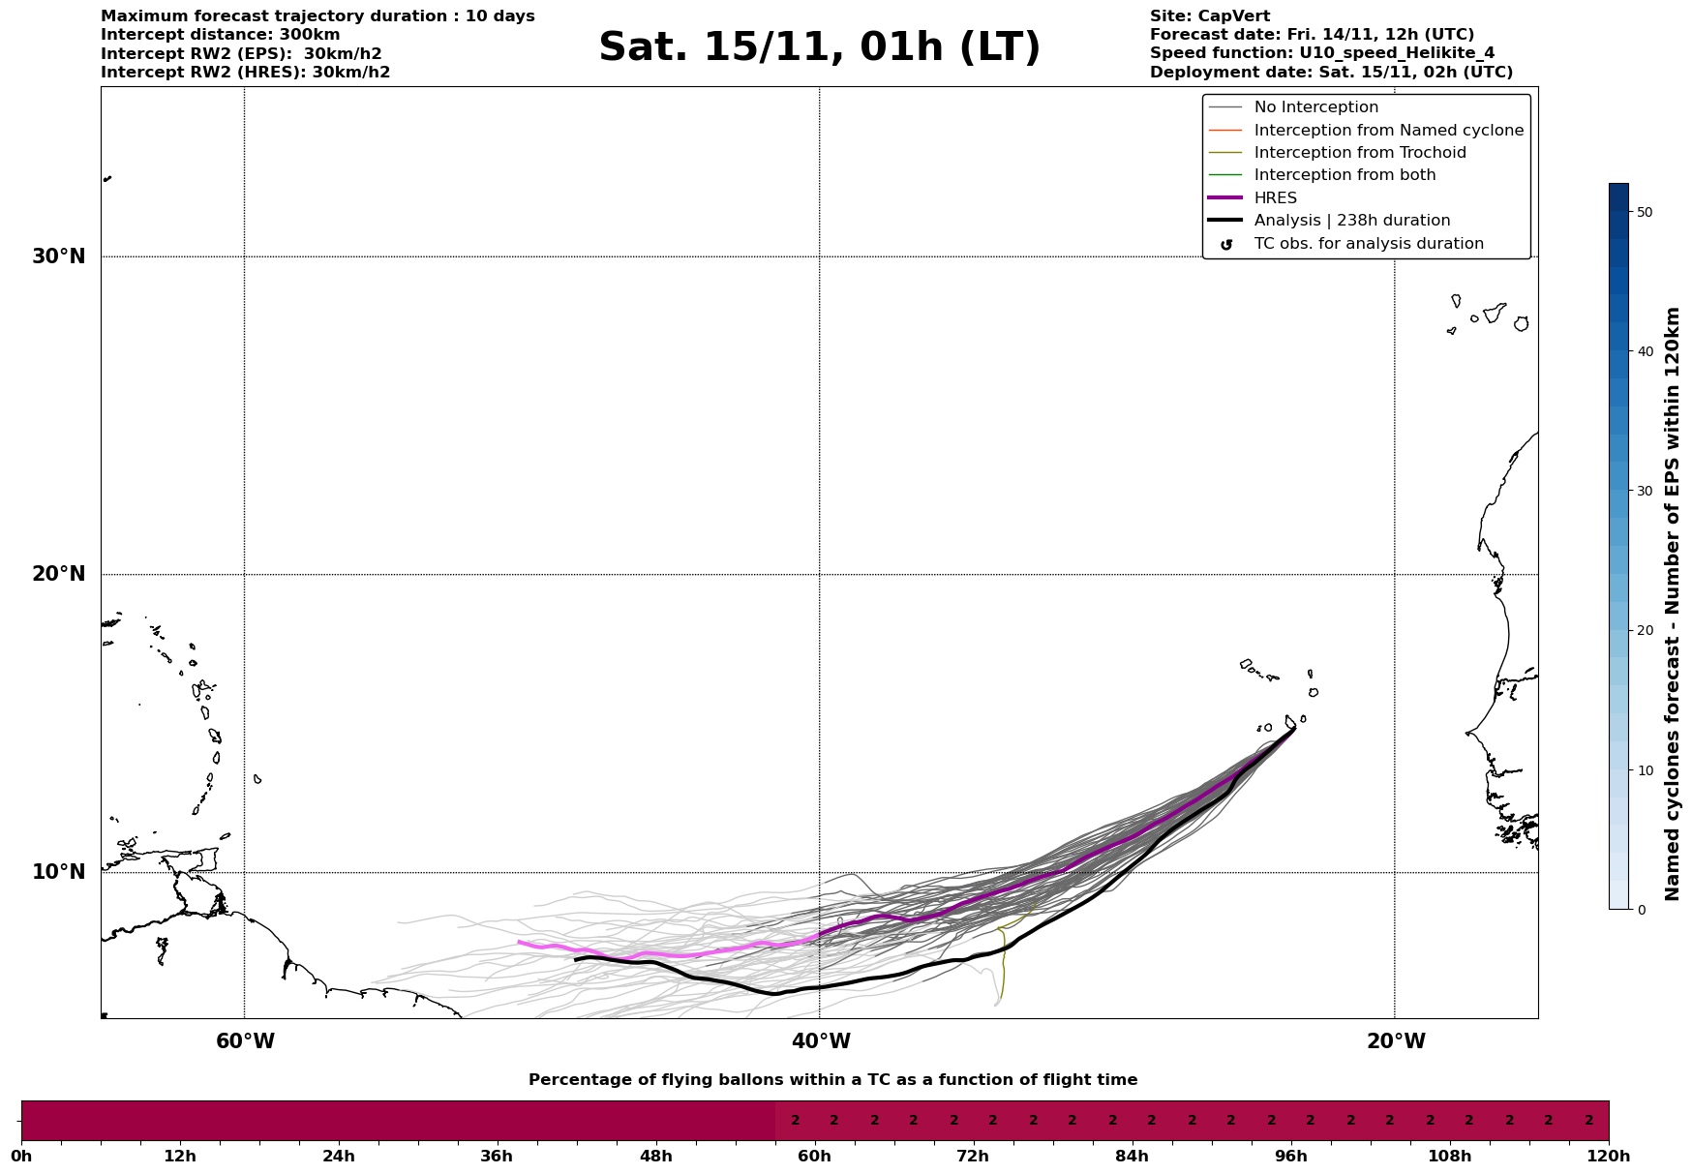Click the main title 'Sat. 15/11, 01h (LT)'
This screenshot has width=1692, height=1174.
819,47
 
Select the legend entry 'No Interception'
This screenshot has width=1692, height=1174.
1315,107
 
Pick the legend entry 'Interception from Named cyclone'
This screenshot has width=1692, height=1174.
1388,131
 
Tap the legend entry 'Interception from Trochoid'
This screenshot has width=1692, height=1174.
1359,153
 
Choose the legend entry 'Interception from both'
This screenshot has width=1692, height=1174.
1345,175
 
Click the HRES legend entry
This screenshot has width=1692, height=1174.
1275,198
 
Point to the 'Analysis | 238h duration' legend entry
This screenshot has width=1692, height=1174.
1351,221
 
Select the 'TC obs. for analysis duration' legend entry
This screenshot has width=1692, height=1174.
1368,244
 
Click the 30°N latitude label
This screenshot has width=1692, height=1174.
59,256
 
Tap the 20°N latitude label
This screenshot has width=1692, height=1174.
59,574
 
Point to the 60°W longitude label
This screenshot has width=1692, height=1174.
245,1041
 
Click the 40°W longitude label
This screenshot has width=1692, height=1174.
820,1041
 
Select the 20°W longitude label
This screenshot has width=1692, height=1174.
1395,1041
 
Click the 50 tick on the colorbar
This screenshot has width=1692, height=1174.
1644,212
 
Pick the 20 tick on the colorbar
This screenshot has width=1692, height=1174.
1644,631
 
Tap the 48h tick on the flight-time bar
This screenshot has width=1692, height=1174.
656,1157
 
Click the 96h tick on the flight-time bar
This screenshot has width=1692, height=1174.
1291,1157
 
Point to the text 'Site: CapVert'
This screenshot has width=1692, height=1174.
1210,16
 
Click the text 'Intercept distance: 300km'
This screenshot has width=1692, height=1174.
221,35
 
